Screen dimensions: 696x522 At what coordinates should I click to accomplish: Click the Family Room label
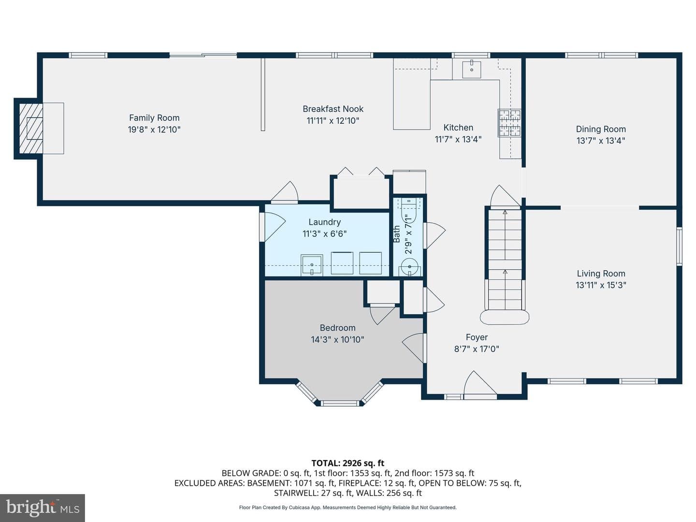click(154, 118)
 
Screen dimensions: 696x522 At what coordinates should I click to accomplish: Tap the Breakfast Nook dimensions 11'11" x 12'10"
click(333, 121)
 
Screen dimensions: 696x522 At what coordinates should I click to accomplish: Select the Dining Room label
click(601, 130)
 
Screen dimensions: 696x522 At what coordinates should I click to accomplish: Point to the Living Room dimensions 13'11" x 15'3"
click(601, 285)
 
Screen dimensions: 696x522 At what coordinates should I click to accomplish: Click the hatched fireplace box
click(31, 129)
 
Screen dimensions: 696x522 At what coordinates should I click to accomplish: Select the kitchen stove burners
click(509, 123)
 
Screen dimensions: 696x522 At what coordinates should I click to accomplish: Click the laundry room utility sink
click(312, 265)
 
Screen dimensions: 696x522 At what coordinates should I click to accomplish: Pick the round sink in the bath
click(409, 267)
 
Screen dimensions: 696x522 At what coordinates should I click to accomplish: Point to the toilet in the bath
click(409, 212)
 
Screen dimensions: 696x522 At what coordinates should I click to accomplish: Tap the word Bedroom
click(337, 328)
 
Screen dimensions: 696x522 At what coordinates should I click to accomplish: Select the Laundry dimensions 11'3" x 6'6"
click(324, 234)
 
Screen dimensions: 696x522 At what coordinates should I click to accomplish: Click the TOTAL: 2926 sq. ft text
click(348, 463)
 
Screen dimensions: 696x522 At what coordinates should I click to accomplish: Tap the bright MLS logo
click(43, 507)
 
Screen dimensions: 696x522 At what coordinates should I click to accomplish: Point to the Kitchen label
click(458, 128)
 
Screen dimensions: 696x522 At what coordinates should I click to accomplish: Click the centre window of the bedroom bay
click(340, 404)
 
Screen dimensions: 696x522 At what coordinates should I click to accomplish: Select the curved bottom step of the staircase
click(504, 317)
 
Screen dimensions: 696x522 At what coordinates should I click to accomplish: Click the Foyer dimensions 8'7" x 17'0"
click(477, 349)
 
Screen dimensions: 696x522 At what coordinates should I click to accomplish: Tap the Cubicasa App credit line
click(348, 507)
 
